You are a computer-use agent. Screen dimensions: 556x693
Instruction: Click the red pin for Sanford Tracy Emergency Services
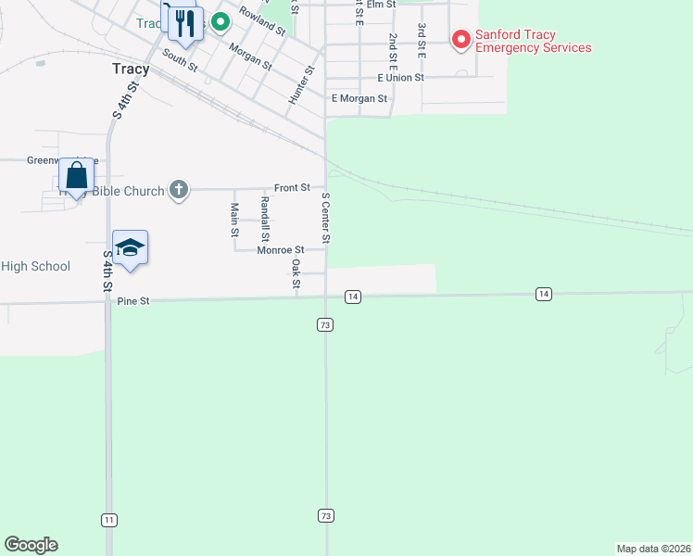pyautogui.click(x=461, y=39)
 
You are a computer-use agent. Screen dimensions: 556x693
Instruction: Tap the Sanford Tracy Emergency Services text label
pyautogui.click(x=533, y=42)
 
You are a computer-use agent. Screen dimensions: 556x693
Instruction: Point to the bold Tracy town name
pyautogui.click(x=130, y=69)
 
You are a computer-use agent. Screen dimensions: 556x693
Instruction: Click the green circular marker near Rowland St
pyautogui.click(x=220, y=21)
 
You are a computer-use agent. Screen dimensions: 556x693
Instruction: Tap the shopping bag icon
pyautogui.click(x=76, y=175)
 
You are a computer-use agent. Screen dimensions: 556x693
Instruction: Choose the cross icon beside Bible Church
pyautogui.click(x=179, y=191)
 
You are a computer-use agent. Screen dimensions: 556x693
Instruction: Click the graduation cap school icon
pyautogui.click(x=131, y=247)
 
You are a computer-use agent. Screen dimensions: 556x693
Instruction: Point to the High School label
pyautogui.click(x=35, y=267)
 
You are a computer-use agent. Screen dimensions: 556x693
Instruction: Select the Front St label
pyautogui.click(x=292, y=188)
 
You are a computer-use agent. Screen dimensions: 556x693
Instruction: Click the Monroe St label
pyautogui.click(x=281, y=250)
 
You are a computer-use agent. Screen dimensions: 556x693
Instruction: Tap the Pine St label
pyautogui.click(x=132, y=301)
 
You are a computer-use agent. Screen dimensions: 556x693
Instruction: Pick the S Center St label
pyautogui.click(x=325, y=217)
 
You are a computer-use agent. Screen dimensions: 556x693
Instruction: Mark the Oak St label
pyautogui.click(x=296, y=272)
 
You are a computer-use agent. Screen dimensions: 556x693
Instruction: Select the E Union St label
pyautogui.click(x=400, y=78)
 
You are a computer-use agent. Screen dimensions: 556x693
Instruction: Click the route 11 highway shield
pyautogui.click(x=110, y=520)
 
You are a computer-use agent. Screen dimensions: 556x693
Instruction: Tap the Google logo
pyautogui.click(x=31, y=545)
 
